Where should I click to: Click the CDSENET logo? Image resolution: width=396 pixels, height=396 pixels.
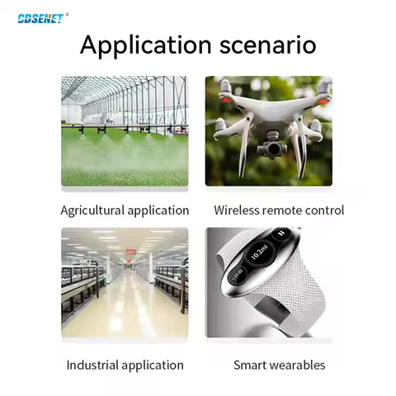[x=39, y=15]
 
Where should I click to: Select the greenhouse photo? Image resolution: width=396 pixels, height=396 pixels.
[x=125, y=130]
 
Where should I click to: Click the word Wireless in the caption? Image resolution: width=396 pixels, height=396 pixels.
[x=238, y=210]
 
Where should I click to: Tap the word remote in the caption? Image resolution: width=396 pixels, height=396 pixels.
[x=285, y=210]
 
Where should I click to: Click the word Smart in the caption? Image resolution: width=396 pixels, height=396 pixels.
[x=249, y=365]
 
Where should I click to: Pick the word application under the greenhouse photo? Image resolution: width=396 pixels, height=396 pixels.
[x=158, y=210]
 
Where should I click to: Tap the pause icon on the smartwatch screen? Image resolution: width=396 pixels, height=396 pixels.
[x=281, y=234]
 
